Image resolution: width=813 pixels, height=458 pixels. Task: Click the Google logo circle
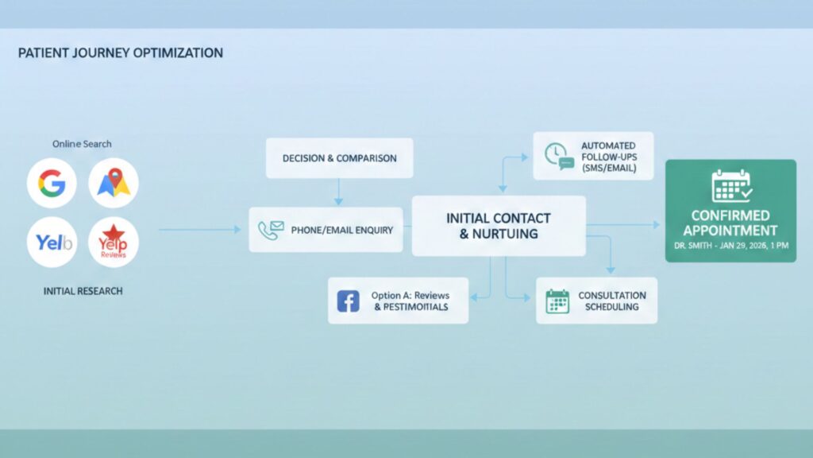[x=52, y=184]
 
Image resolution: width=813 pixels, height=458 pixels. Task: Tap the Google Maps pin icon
[x=114, y=184]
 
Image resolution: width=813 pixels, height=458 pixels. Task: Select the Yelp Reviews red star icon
[x=114, y=239]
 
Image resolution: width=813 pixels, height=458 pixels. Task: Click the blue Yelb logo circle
[x=52, y=243]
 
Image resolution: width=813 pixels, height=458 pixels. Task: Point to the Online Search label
[x=82, y=144]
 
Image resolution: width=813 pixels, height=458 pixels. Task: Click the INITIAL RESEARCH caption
[x=83, y=291]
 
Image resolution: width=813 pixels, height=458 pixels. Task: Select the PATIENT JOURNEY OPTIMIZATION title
[x=120, y=53]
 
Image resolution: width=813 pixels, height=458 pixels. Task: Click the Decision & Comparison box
[x=339, y=158]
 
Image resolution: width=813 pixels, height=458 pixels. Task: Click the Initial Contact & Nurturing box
[x=498, y=226]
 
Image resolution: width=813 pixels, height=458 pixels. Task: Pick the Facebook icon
[x=348, y=301]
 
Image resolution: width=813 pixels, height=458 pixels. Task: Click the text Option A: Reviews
[x=408, y=296]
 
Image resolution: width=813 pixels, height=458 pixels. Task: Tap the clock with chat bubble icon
[x=559, y=155]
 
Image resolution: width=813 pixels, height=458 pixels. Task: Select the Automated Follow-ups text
[x=608, y=157]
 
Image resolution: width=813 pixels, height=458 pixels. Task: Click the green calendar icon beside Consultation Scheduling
[x=557, y=301]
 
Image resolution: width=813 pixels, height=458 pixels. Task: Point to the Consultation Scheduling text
[x=611, y=301]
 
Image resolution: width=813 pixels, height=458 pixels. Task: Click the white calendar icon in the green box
[x=730, y=185]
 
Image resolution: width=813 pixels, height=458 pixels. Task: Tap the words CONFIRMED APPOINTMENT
[x=730, y=223]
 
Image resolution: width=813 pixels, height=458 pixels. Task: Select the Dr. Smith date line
[x=730, y=246]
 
